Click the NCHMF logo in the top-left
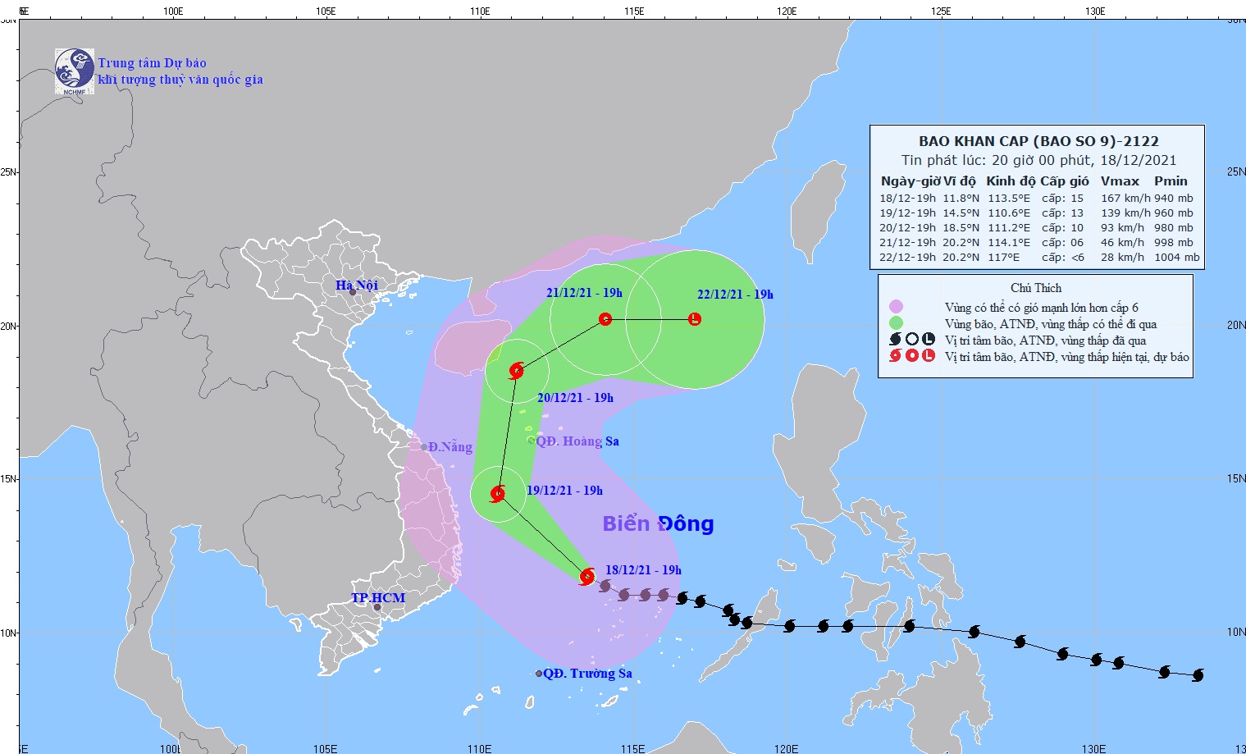click(74, 71)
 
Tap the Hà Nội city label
click(357, 286)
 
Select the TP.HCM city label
click(378, 597)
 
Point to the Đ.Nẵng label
click(450, 447)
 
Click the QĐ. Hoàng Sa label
click(577, 441)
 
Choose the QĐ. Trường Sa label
click(587, 674)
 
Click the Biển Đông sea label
click(658, 523)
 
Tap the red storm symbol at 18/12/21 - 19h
click(586, 577)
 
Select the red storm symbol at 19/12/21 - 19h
click(497, 494)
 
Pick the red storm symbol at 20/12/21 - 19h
click(516, 371)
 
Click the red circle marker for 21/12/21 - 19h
click(605, 319)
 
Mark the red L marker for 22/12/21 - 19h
click(695, 319)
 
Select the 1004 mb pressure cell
click(1176, 257)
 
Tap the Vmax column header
click(1120, 181)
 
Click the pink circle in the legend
click(896, 308)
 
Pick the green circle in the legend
click(896, 324)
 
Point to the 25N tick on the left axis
click(9, 172)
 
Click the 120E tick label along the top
click(787, 11)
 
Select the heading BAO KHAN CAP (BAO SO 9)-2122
click(1038, 141)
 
